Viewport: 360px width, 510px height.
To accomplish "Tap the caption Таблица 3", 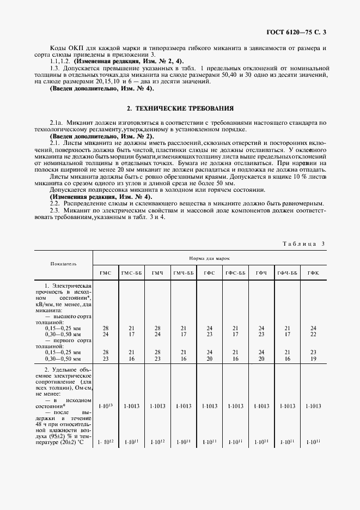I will point(304,244).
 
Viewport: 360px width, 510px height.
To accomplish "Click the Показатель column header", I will point(63,263).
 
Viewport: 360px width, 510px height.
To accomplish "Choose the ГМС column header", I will point(105,272).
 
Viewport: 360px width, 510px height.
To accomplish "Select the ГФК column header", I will point(313,272).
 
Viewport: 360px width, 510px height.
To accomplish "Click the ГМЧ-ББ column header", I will point(183,272).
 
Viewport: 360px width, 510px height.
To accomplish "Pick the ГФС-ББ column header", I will point(235,272).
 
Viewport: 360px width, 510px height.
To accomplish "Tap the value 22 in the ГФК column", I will point(313,334).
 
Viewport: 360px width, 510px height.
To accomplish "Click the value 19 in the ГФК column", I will point(313,359).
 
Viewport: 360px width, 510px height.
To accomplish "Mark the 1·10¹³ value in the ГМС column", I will point(105,406).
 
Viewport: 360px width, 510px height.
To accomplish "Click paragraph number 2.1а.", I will point(56,124).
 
